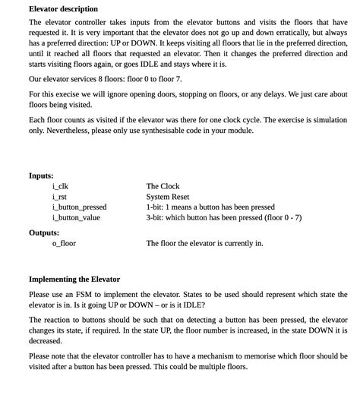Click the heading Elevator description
(63, 9)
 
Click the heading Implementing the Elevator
(74, 279)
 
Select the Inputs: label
(41, 175)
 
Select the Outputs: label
(44, 232)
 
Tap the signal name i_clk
(60, 186)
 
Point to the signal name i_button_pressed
(79, 207)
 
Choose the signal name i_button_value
(76, 217)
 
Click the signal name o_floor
(64, 243)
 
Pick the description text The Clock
(163, 186)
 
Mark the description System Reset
(167, 197)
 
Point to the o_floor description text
(204, 243)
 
